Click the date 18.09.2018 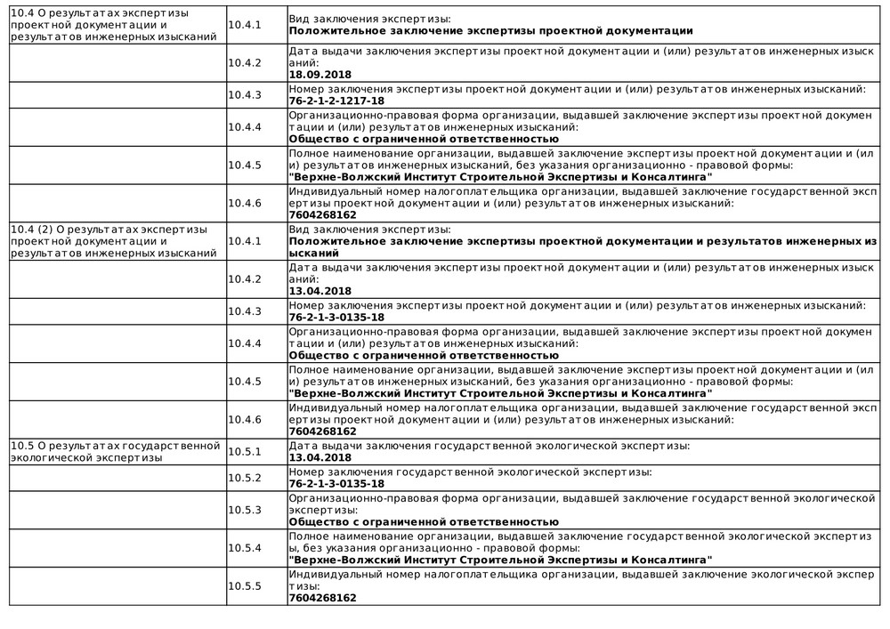[x=320, y=76]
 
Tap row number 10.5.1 [x=244, y=451]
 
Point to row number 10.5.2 [x=244, y=478]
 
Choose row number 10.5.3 [x=244, y=510]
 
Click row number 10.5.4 [x=244, y=548]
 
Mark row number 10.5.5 [x=244, y=586]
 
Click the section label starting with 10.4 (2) [x=113, y=241]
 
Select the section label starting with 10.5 [x=113, y=451]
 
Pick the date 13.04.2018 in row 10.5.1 [x=320, y=457]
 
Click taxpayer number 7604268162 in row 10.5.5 [x=323, y=598]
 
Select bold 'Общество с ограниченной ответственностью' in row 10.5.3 [x=424, y=521]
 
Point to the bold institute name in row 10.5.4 [x=501, y=560]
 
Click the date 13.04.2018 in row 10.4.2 [x=320, y=291]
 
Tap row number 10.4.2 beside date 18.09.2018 [x=244, y=62]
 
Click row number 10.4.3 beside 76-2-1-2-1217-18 [x=244, y=94]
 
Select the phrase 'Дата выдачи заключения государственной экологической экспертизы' [x=489, y=445]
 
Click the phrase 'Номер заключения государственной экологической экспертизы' [x=471, y=471]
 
